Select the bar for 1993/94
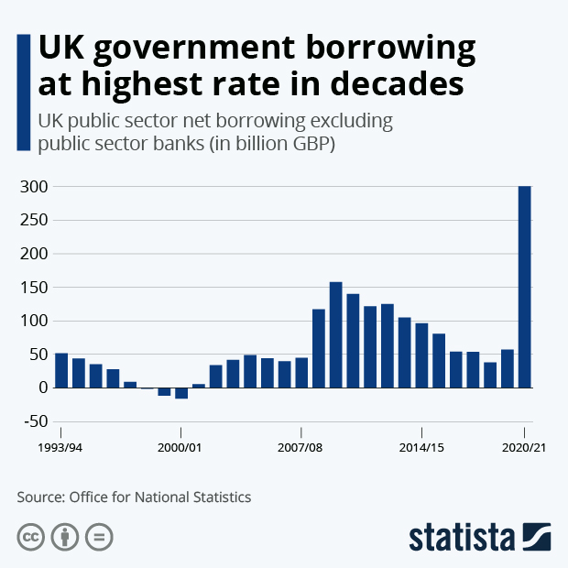[x=61, y=370]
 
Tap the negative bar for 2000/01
[x=181, y=393]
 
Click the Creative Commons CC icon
[x=31, y=537]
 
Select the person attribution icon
[x=64, y=537]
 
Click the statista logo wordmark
[x=463, y=537]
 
